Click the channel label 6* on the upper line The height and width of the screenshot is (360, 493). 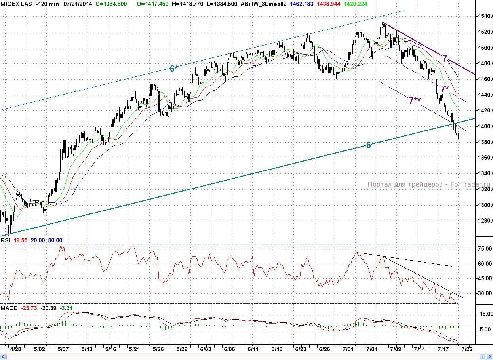tap(174, 69)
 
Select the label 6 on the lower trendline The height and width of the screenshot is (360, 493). tap(368, 145)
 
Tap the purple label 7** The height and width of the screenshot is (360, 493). tap(415, 101)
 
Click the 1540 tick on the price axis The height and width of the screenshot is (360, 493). tap(483, 17)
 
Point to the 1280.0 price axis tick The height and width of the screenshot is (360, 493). tap(483, 221)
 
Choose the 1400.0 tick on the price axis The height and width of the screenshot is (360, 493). tap(483, 127)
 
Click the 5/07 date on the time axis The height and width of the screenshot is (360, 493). tap(63, 349)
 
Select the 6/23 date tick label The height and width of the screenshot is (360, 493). tap(301, 349)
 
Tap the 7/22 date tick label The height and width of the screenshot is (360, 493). tap(468, 349)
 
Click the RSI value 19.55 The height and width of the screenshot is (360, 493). tap(21, 240)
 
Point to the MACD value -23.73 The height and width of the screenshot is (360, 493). tap(29, 308)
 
